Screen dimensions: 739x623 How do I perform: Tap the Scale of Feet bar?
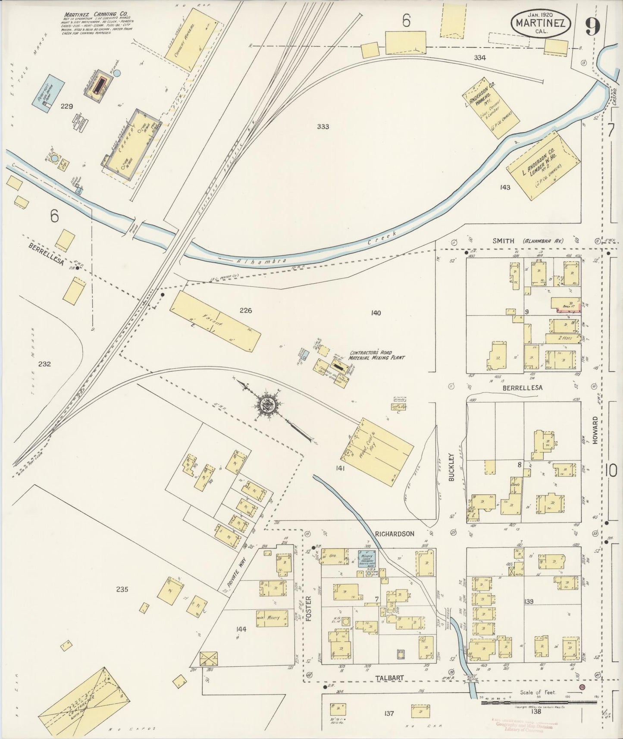click(539, 703)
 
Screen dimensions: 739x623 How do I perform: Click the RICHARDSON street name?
click(394, 533)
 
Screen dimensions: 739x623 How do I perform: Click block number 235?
click(122, 589)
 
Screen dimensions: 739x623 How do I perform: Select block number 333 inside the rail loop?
click(322, 126)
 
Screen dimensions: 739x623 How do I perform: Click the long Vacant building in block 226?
click(216, 320)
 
